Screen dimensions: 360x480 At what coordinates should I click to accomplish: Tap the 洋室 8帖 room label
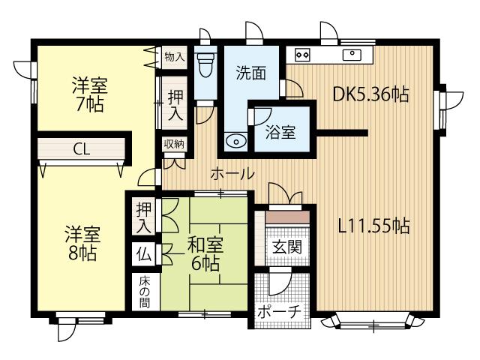83,242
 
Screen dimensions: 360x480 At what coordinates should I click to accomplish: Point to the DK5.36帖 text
370,94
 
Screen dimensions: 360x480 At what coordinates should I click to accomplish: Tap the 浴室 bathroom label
280,133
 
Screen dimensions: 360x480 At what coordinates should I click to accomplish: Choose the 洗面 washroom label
250,73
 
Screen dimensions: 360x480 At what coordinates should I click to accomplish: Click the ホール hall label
232,174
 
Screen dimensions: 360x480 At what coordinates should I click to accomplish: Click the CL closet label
82,148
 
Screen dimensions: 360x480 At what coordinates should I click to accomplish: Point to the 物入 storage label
174,57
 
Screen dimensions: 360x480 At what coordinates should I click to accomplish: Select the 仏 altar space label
143,253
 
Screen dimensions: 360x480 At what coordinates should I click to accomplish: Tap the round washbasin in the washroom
236,140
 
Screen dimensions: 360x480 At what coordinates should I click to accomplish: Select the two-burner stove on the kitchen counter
303,54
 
